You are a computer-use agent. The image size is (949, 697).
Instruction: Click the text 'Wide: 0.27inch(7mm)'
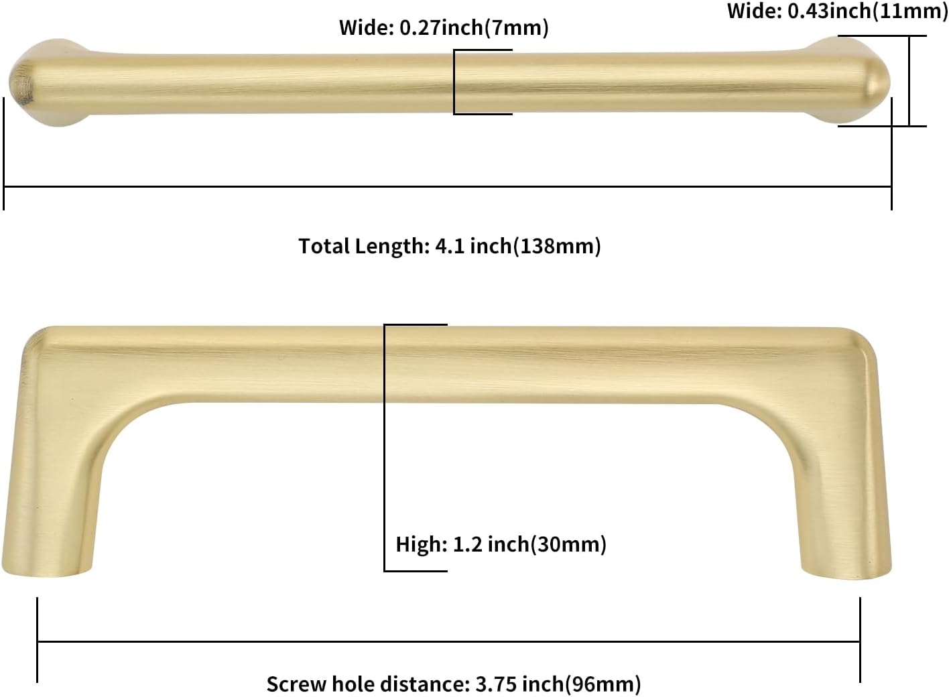click(444, 28)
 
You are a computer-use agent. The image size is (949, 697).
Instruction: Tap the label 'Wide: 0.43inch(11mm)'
click(837, 11)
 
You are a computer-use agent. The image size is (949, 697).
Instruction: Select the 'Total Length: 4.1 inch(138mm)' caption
click(450, 246)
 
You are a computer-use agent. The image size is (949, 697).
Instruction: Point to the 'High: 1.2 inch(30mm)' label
click(501, 544)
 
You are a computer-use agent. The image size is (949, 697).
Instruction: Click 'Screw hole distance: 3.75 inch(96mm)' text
click(454, 684)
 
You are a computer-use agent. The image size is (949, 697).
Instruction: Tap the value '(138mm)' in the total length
click(557, 246)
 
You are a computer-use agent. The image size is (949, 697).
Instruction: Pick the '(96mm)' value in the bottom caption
click(603, 684)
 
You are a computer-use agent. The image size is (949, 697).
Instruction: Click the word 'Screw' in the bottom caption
click(296, 684)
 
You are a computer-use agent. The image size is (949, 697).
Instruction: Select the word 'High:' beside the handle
click(421, 544)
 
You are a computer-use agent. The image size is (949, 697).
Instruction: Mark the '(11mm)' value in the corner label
click(910, 11)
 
